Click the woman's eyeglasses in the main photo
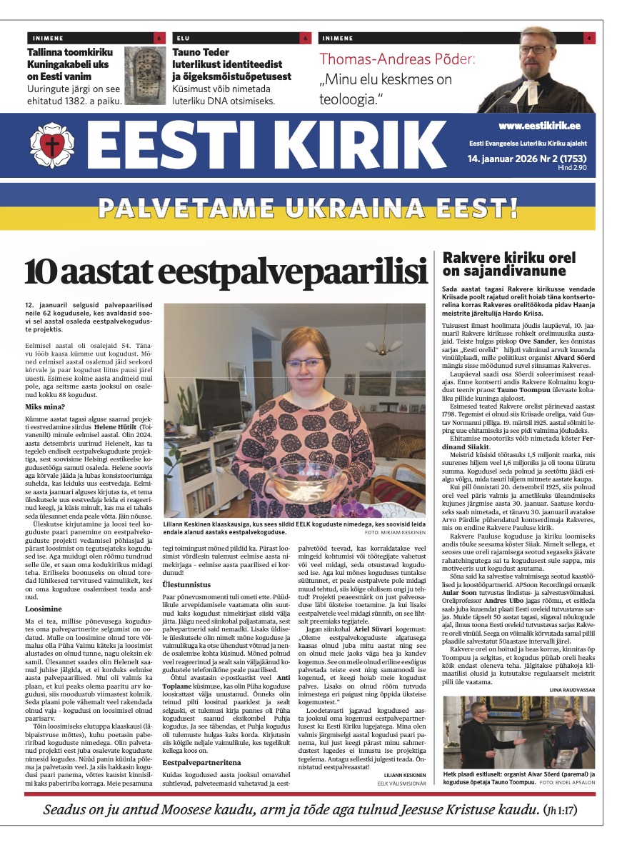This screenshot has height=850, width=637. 304,363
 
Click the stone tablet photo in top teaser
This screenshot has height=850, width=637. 148,75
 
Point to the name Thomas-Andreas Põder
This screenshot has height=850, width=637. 397,61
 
